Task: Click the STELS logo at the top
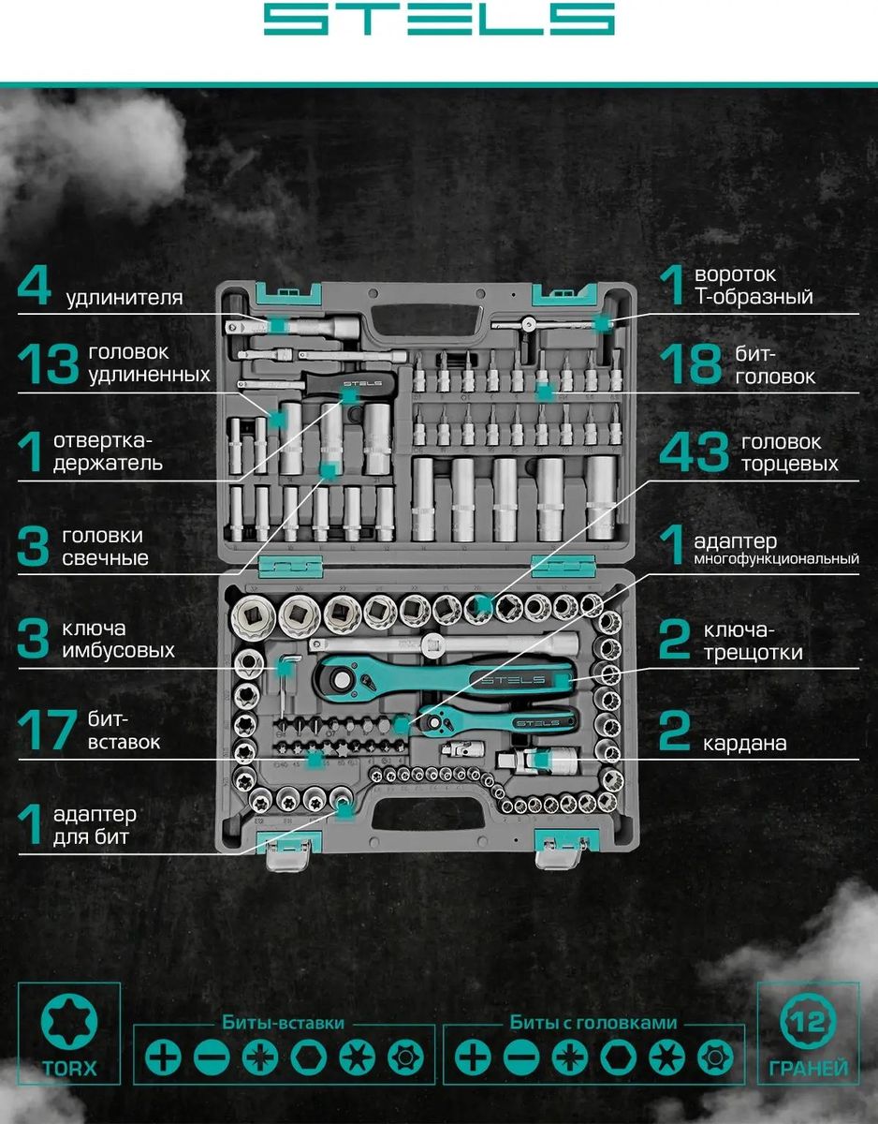tap(438, 20)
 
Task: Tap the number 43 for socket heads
tap(693, 454)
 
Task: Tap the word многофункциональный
tap(776, 560)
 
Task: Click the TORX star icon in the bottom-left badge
tap(69, 1022)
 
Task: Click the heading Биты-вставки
tap(283, 1023)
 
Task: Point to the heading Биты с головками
tap(593, 1023)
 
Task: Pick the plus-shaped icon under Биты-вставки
tap(162, 1057)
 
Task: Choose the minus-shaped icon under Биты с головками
tap(520, 1057)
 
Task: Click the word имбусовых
tap(120, 649)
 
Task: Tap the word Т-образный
tap(754, 297)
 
